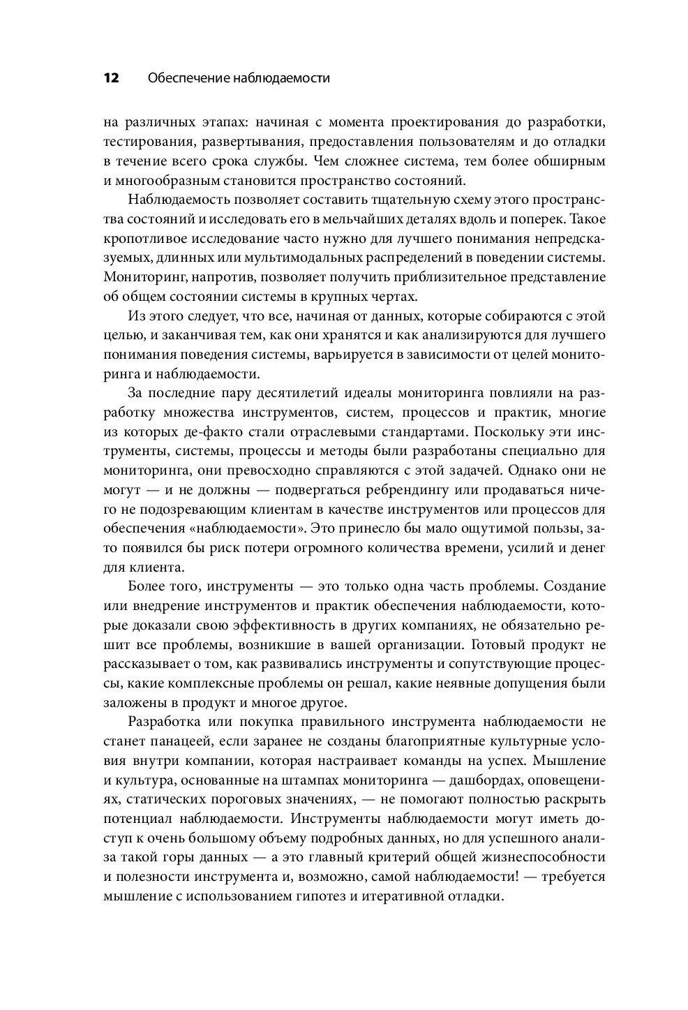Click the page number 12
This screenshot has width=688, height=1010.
(112, 78)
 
